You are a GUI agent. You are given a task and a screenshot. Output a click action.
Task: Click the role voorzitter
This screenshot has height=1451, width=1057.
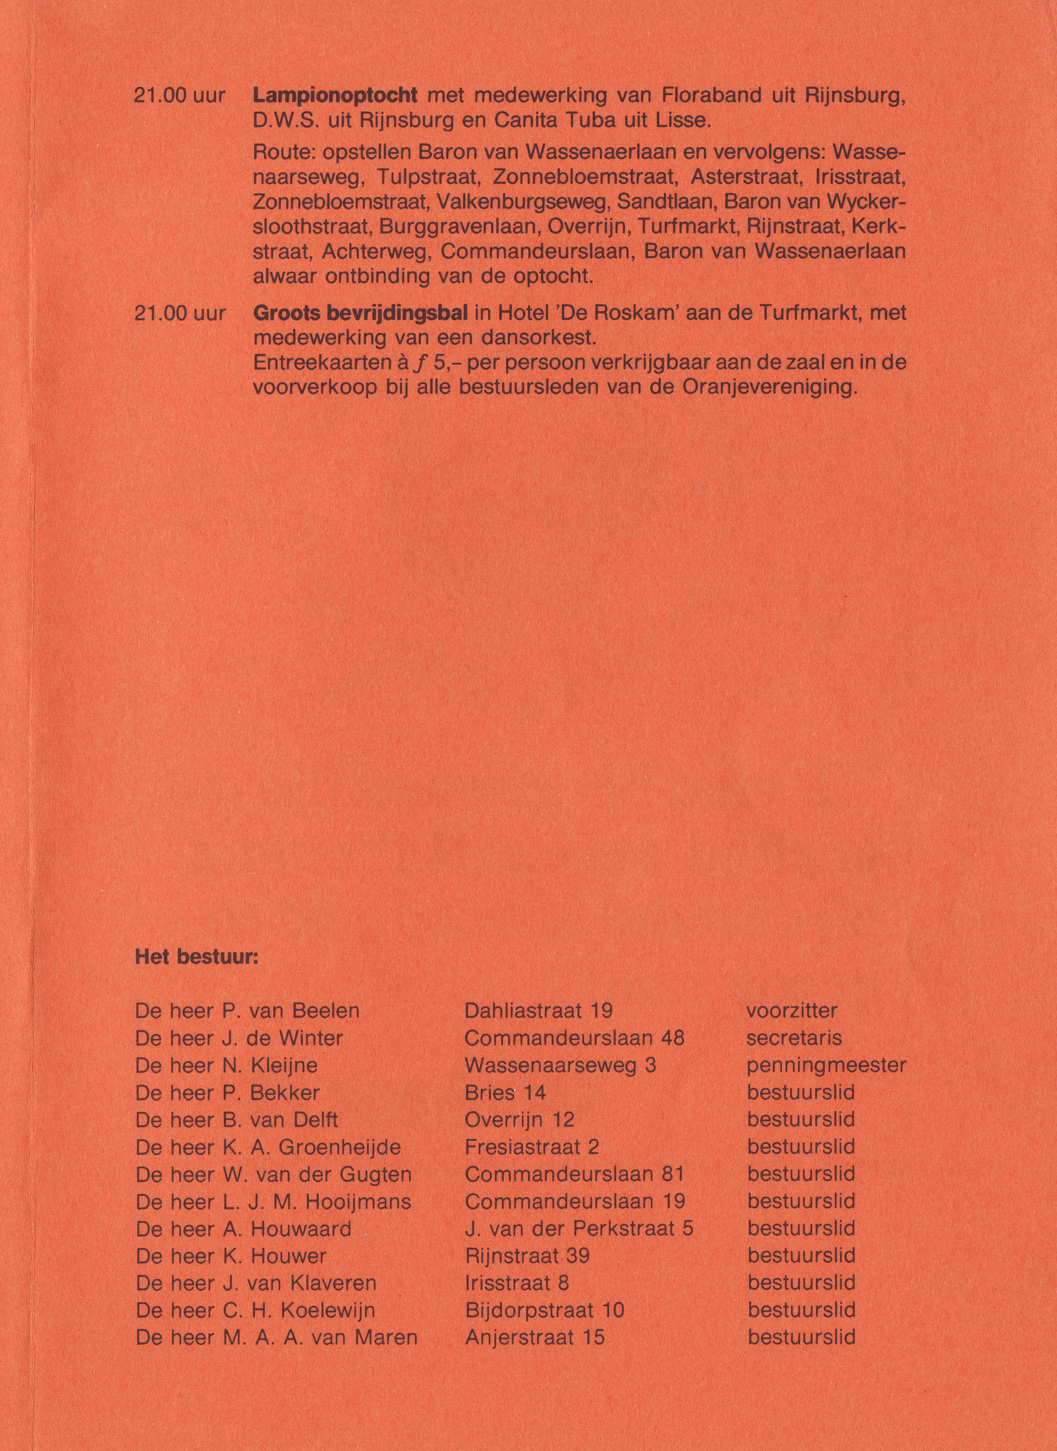(791, 1011)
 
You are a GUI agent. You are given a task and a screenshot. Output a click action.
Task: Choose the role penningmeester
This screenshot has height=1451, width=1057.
(826, 1065)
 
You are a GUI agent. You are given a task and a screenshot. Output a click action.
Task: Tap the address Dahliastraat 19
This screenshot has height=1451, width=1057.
(538, 1011)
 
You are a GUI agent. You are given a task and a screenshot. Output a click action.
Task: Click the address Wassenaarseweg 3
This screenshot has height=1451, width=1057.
(560, 1065)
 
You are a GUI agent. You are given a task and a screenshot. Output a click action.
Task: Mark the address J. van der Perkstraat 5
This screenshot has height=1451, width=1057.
(579, 1228)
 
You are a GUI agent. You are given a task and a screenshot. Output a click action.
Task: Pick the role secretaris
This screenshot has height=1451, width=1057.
(794, 1038)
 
